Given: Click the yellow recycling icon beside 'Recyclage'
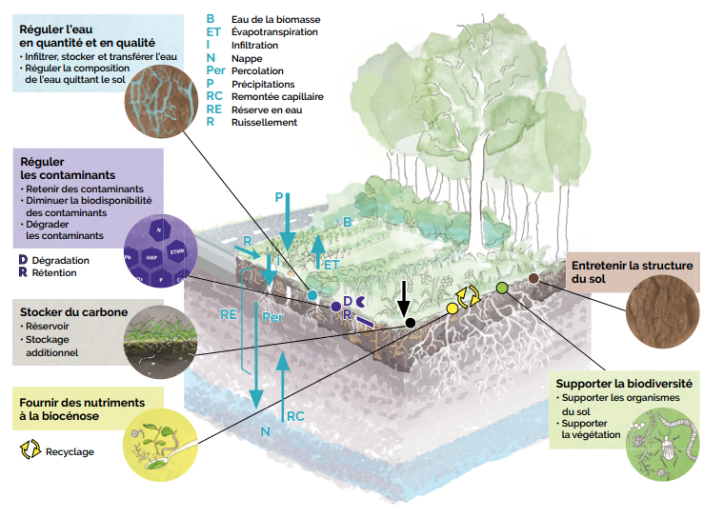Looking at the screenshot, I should (x=30, y=450).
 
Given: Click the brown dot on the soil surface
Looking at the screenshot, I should (x=533, y=278).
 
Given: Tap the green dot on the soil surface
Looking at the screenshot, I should (x=502, y=288).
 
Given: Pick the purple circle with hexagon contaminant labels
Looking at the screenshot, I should (x=158, y=253).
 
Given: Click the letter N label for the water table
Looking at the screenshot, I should (x=266, y=431).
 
